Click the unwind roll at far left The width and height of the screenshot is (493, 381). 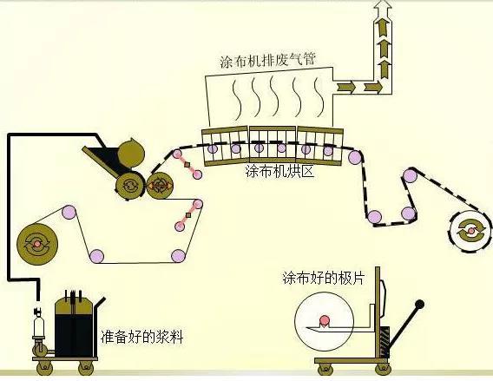tap(37, 243)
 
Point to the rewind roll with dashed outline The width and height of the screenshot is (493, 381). tap(469, 228)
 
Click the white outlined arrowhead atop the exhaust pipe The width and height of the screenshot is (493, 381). tap(382, 10)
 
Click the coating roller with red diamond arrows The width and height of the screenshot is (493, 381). tap(159, 185)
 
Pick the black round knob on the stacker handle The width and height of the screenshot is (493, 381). tap(419, 305)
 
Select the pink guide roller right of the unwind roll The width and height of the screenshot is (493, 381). tap(66, 211)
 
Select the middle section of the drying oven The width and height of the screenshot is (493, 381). tap(273, 142)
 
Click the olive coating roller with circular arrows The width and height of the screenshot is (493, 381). tap(131, 185)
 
